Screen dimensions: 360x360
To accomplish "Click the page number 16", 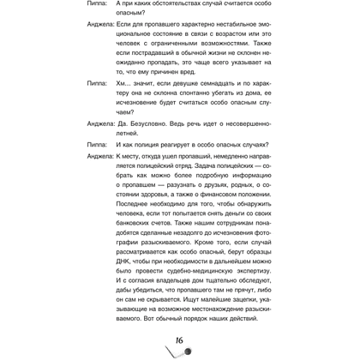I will (179, 341).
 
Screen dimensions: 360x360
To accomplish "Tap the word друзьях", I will (234, 172).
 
